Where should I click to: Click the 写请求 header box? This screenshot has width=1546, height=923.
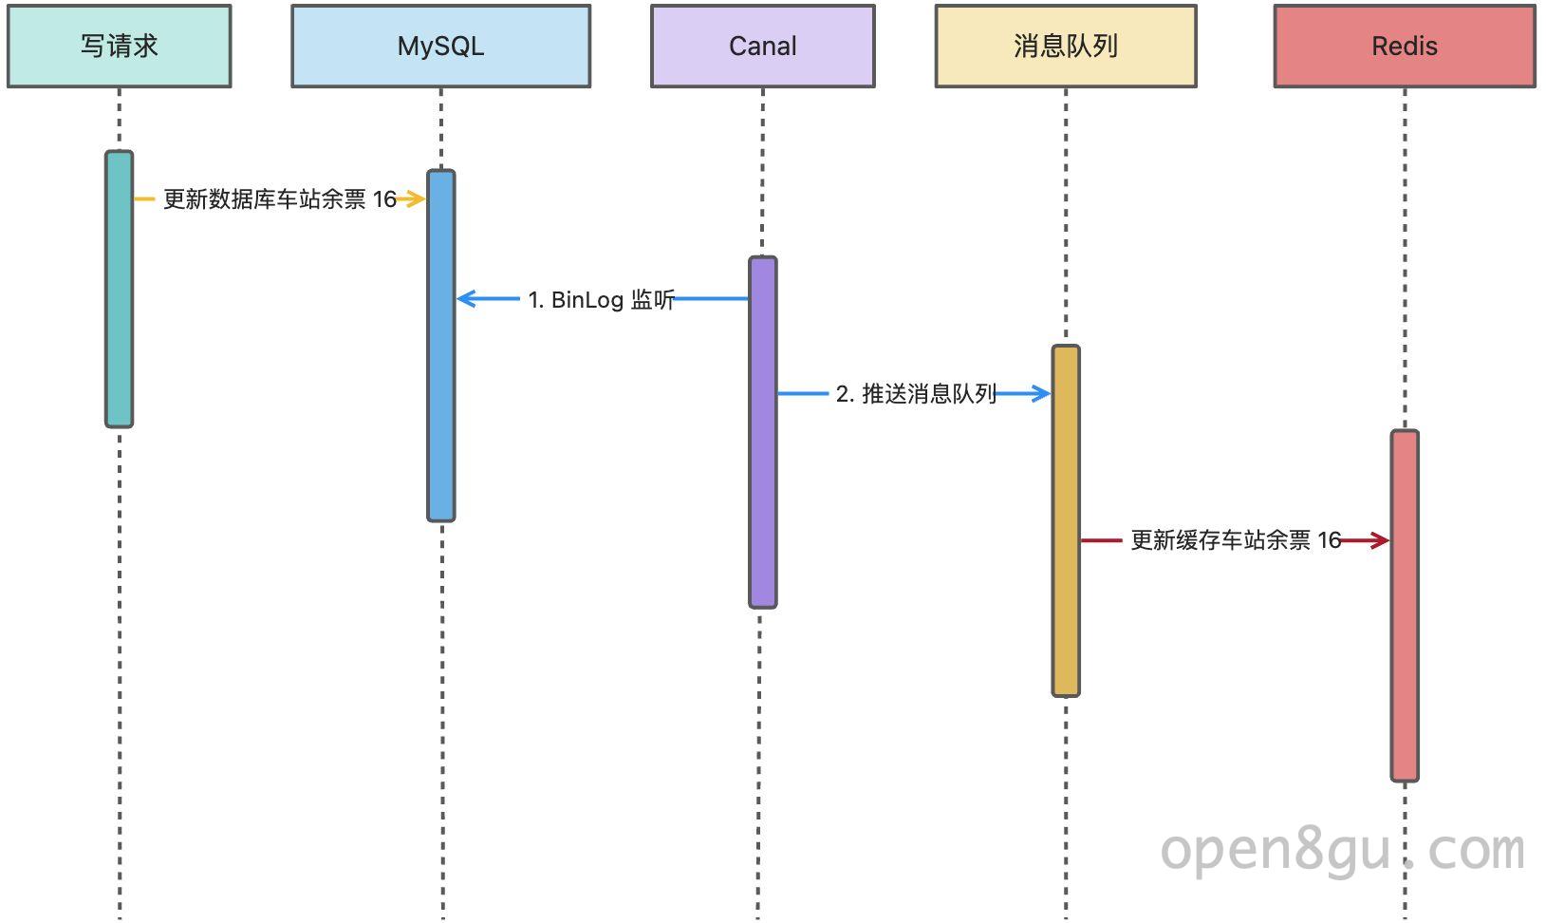point(120,47)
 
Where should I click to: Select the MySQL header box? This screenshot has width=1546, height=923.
point(441,47)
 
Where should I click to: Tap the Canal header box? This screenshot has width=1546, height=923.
point(763,47)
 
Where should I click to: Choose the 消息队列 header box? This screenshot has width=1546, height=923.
point(1066,47)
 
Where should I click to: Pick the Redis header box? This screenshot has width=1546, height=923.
point(1405,47)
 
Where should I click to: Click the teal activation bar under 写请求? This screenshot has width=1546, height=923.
point(120,289)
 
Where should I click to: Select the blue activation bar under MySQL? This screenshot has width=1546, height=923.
point(441,346)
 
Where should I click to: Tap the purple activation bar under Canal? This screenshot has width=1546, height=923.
point(763,432)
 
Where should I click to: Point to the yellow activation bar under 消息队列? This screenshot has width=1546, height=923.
point(1066,520)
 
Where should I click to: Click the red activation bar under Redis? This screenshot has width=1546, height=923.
point(1405,606)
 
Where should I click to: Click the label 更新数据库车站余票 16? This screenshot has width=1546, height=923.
point(280,199)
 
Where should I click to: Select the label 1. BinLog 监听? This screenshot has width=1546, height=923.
point(601,300)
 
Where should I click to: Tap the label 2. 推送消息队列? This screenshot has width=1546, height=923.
point(916,394)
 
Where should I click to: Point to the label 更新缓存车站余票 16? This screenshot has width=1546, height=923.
point(1236,540)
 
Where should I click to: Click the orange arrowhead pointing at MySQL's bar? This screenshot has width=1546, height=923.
point(414,198)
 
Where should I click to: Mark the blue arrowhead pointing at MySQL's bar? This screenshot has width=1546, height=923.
point(467,299)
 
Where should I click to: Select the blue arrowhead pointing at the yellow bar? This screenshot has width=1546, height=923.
point(1040,393)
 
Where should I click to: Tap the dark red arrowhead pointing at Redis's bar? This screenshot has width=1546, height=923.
point(1379,540)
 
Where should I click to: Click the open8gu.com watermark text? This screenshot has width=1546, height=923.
point(1342,851)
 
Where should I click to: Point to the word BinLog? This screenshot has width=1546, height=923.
point(587,300)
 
